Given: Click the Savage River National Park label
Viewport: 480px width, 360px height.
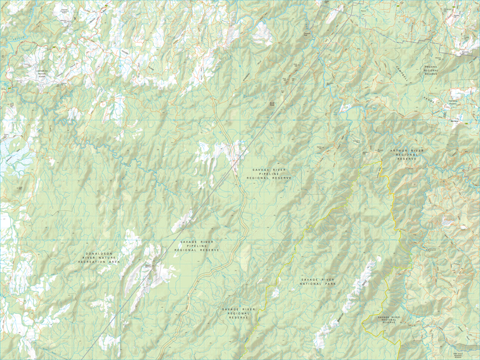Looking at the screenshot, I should (317, 283).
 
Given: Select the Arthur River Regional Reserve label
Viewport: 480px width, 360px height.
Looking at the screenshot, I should (407, 155).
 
